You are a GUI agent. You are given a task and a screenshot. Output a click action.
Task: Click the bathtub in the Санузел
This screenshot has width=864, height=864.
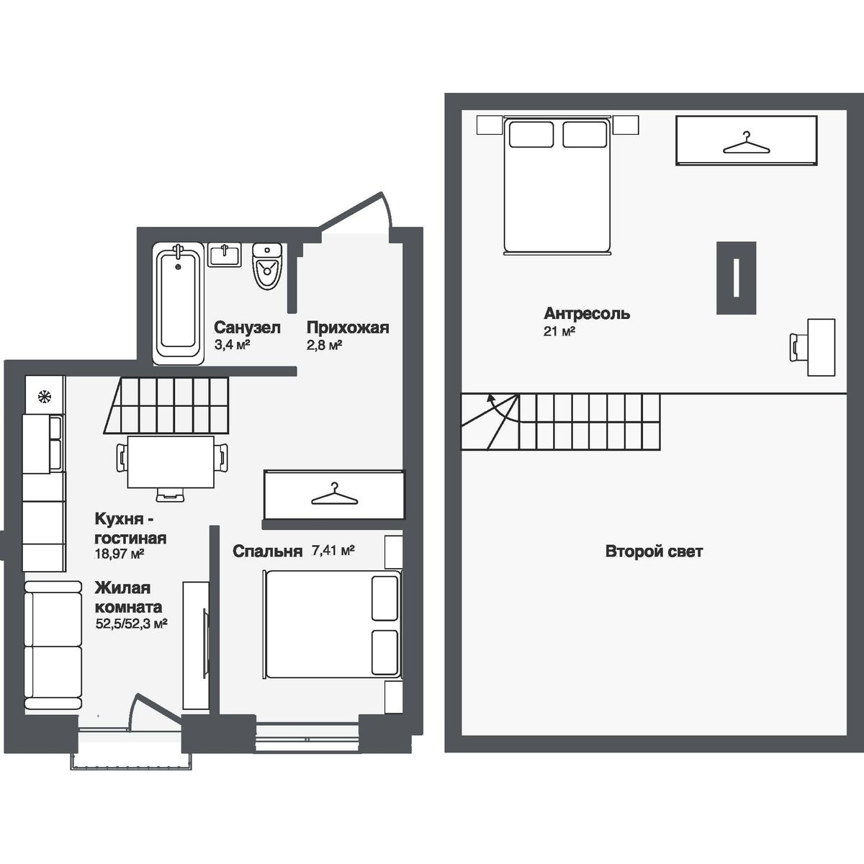tap(179, 304)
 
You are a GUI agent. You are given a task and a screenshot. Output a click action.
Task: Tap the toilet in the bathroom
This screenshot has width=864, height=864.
tap(267, 266)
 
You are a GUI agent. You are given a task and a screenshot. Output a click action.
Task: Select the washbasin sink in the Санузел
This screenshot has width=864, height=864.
tap(224, 255)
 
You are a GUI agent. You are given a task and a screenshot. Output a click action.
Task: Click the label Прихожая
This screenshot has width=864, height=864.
tap(348, 328)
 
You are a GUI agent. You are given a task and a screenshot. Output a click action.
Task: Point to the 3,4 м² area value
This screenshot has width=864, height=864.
tap(232, 346)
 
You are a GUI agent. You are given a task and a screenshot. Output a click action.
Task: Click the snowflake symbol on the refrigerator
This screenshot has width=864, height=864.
tap(45, 396)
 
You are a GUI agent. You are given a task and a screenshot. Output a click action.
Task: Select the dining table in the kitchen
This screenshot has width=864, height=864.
tap(171, 462)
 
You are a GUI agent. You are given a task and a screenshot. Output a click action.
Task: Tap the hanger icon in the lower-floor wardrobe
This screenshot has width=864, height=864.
tap(335, 494)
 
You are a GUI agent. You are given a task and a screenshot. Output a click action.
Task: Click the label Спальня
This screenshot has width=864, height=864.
tap(268, 552)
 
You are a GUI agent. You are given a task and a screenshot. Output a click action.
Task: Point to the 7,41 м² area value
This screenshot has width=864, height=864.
tap(333, 550)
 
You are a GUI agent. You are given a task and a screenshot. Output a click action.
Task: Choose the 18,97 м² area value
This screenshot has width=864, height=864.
tap(120, 554)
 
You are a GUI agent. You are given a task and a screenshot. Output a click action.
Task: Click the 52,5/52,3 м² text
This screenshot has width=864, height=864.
tap(131, 624)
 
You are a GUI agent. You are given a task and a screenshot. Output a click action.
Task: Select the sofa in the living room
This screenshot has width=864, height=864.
tap(53, 646)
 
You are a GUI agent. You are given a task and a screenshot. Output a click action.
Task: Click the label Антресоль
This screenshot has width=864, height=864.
tap(587, 313)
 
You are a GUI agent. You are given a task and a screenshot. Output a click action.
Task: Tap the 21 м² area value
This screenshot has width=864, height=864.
tap(559, 331)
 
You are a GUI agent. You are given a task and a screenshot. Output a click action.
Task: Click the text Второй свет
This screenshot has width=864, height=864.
tap(654, 551)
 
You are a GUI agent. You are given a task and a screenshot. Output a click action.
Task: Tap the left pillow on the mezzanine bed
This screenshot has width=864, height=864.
tap(531, 134)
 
